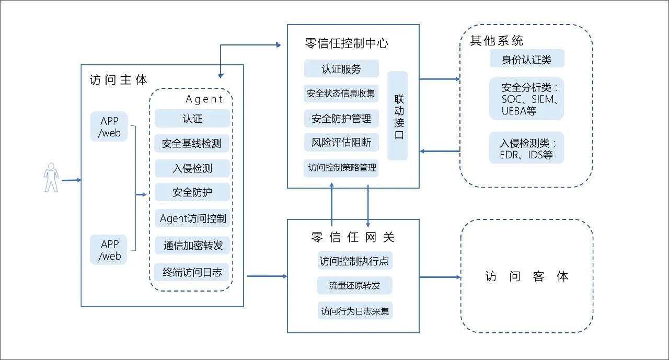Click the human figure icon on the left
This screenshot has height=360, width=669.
click(51, 177)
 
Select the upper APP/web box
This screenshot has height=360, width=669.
click(110, 127)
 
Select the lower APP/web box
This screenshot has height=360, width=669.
click(110, 250)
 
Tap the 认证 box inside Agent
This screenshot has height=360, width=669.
click(192, 119)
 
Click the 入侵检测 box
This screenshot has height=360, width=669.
click(192, 168)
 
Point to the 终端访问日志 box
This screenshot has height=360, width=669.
click(192, 272)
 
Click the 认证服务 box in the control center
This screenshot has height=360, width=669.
click(341, 69)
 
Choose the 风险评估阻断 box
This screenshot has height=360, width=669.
click(341, 142)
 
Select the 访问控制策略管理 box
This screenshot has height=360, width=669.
click(342, 168)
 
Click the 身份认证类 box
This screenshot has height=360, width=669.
click(526, 59)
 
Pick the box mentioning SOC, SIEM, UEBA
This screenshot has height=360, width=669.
click(526, 99)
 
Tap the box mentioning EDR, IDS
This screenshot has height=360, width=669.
click(526, 148)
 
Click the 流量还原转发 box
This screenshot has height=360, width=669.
click(354, 286)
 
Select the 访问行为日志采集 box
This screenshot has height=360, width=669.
click(355, 311)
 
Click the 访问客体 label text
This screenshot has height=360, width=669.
click(526, 276)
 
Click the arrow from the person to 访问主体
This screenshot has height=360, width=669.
click(71, 180)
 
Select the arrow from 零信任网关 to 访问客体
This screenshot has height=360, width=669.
click(440, 277)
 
